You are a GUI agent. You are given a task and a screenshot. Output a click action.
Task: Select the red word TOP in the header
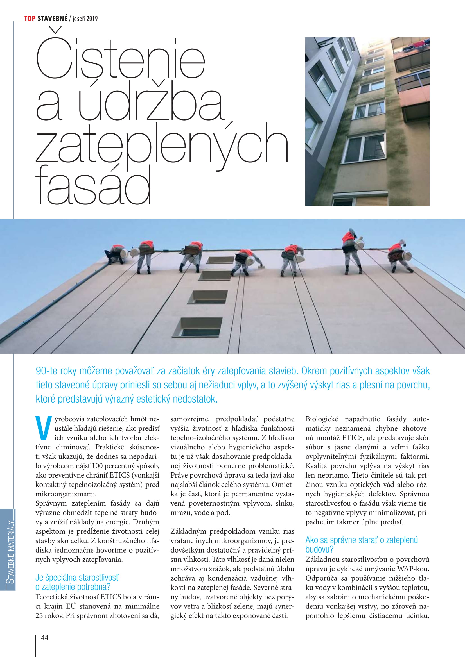coord(30,19)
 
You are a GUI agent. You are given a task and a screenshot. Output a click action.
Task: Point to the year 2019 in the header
coord(92,19)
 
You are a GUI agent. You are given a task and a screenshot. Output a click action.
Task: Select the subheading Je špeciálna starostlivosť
coord(77,577)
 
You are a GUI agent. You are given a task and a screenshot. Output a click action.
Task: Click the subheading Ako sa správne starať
coord(361,540)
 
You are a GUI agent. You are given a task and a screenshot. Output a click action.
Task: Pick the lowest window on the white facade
coord(197,327)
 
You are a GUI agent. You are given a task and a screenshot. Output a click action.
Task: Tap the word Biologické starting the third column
coord(322,419)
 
